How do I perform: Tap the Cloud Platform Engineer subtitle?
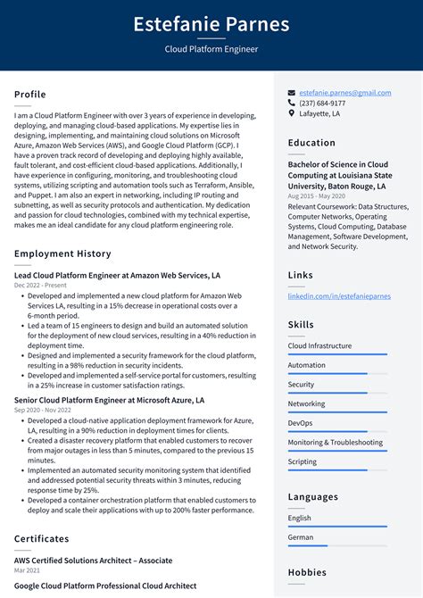211,49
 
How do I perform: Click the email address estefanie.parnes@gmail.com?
344,93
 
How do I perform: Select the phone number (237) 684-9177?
322,104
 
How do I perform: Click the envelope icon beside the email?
292,93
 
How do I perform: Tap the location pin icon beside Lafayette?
292,114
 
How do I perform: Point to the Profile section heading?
29,95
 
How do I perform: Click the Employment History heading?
62,254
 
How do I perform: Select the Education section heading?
312,143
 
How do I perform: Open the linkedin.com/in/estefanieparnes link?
338,295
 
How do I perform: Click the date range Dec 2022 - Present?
40,286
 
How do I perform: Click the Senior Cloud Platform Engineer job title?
109,401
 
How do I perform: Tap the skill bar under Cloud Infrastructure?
337,354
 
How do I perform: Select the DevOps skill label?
300,423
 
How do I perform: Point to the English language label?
299,518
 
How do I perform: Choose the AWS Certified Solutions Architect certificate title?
93,561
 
